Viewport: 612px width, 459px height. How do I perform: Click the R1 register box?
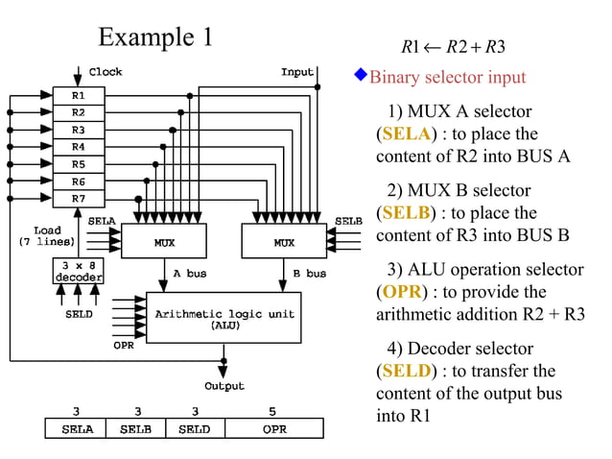point(78,96)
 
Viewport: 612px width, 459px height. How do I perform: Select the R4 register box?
point(78,147)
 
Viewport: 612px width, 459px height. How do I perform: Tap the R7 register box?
point(78,198)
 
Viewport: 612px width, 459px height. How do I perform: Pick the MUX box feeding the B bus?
point(284,242)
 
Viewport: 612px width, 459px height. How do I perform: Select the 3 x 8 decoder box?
point(78,272)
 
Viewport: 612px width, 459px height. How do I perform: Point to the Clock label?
point(106,72)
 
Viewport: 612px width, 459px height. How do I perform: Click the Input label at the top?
point(297,72)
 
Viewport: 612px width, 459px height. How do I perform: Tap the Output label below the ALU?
point(224,386)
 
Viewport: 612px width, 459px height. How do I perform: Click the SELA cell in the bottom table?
point(77,429)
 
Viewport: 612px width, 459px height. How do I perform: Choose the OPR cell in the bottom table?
point(274,429)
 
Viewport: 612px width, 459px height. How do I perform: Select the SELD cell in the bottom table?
point(195,429)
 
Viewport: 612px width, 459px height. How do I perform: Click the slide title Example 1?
point(155,37)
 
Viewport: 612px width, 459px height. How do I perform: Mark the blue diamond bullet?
point(361,74)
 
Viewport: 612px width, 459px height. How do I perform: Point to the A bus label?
point(190,274)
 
